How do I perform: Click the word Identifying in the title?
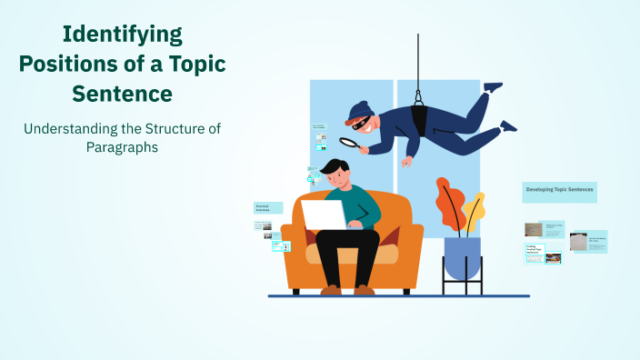[x=122, y=35]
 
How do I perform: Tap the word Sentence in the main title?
[x=123, y=94]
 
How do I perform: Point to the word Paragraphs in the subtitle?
[x=122, y=146]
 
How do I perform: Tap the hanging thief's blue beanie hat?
[x=357, y=110]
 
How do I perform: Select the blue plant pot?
[x=462, y=256]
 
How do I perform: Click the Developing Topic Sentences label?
[x=559, y=192]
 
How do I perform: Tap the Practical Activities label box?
[x=267, y=207]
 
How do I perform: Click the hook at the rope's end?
[x=418, y=95]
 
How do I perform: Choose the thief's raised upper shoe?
[x=493, y=87]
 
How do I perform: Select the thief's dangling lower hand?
[x=407, y=162]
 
